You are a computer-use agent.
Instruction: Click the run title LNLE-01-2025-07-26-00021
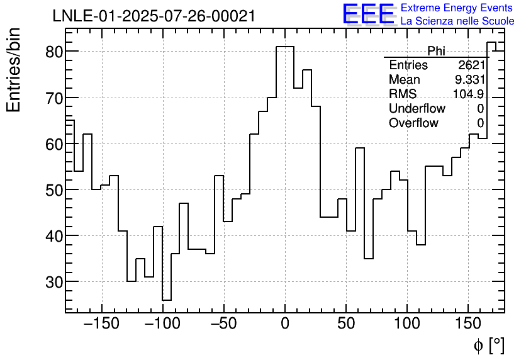(154, 16)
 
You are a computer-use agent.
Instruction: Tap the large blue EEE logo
(368, 14)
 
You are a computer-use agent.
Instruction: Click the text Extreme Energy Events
(457, 8)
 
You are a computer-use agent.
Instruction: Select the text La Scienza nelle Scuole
(457, 21)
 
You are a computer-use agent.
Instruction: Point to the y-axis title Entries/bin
(14, 70)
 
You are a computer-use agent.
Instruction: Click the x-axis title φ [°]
(489, 345)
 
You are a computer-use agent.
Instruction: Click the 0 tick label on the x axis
(285, 324)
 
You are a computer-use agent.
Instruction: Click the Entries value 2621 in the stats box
(471, 65)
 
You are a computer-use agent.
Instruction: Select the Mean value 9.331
(469, 80)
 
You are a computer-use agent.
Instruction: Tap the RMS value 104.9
(469, 94)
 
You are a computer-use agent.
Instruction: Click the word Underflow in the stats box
(417, 109)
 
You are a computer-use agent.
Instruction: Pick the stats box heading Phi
(436, 51)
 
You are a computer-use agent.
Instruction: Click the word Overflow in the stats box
(413, 123)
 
